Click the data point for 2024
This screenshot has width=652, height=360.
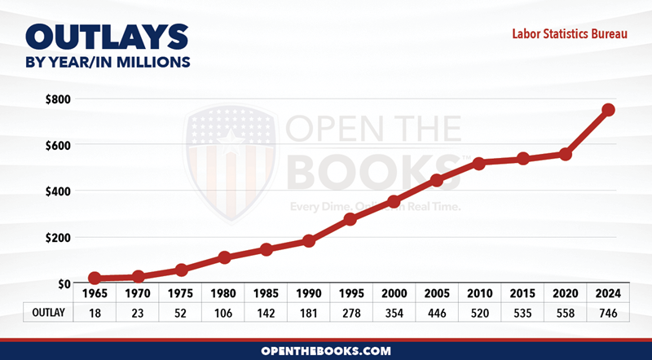(x=608, y=110)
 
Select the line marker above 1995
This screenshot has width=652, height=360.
(x=350, y=219)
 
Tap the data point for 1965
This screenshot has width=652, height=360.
(x=95, y=279)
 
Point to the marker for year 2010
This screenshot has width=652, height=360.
(x=478, y=164)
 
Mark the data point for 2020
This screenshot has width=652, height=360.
(x=566, y=154)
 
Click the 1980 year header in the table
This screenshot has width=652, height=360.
(x=222, y=293)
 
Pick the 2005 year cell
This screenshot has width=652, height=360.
(x=436, y=293)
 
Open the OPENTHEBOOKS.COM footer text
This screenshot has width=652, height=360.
(x=326, y=350)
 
